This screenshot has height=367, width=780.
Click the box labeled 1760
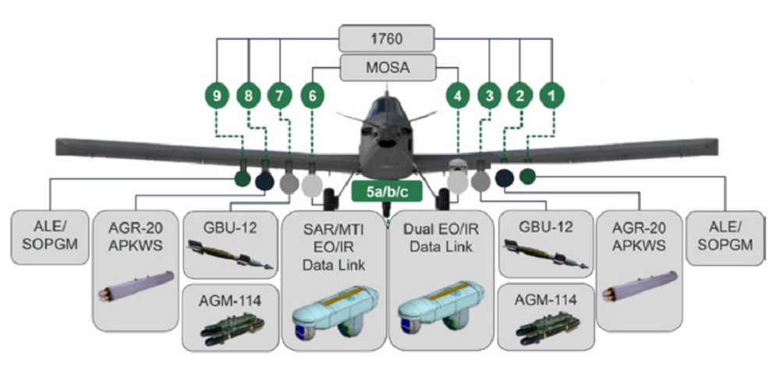click(388, 37)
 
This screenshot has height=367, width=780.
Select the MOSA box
click(388, 66)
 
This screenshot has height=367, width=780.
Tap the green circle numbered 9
click(218, 97)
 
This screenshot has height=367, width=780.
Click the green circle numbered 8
click(249, 97)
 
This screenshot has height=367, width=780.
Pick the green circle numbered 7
click(280, 97)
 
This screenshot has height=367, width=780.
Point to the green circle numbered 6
click(312, 97)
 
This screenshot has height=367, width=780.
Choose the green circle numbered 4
click(458, 97)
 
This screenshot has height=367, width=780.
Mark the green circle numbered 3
click(489, 97)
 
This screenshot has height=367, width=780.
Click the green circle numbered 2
click(520, 97)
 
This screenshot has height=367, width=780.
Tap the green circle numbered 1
click(551, 97)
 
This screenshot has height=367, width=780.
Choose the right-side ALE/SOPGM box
click(724, 235)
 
